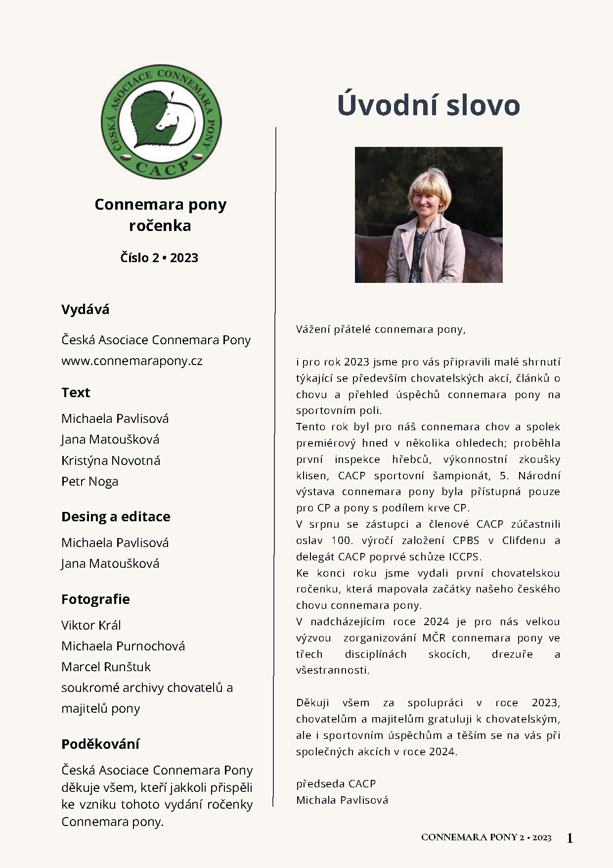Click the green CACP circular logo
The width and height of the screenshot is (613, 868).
[x=161, y=122]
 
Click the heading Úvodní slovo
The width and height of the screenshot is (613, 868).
[x=428, y=105]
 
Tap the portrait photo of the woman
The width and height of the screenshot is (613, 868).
[x=429, y=215]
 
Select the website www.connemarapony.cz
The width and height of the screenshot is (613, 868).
[x=131, y=361]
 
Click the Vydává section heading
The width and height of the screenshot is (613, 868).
[x=85, y=310]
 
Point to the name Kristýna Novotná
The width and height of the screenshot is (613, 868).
[x=111, y=460]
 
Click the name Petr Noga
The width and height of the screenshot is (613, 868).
[x=89, y=481]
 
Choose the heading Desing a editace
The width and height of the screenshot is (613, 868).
[x=116, y=516]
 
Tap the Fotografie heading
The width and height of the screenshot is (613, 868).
[x=95, y=599]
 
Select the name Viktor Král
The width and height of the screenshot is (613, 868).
[x=91, y=625]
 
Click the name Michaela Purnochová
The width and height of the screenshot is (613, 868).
[x=123, y=646]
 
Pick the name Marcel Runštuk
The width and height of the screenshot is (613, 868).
[x=106, y=667]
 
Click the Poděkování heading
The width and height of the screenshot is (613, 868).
[x=100, y=744]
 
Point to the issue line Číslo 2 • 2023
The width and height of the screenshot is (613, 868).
[x=159, y=258]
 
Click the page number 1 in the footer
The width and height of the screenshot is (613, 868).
[x=569, y=838]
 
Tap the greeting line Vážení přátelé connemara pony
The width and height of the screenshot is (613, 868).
[x=381, y=329]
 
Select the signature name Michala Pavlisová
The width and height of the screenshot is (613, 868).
[x=342, y=800]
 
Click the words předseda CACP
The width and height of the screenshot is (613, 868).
[x=336, y=783]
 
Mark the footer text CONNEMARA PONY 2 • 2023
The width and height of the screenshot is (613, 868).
[x=486, y=837]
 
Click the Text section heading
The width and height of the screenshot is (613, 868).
[x=76, y=393]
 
